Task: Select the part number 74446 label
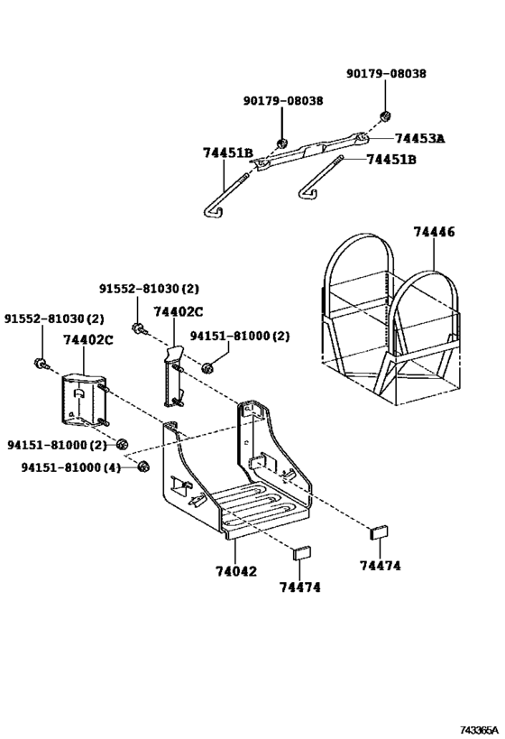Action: pyautogui.click(x=434, y=232)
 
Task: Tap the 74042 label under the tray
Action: pyautogui.click(x=235, y=572)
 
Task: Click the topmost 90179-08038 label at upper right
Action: pyautogui.click(x=386, y=74)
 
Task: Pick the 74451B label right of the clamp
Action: pyautogui.click(x=391, y=160)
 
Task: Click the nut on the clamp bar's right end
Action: pyautogui.click(x=384, y=115)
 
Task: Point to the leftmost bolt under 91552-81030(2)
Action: pyautogui.click(x=40, y=364)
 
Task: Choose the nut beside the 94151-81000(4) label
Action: pyautogui.click(x=142, y=466)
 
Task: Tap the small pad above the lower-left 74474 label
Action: pyautogui.click(x=302, y=551)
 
